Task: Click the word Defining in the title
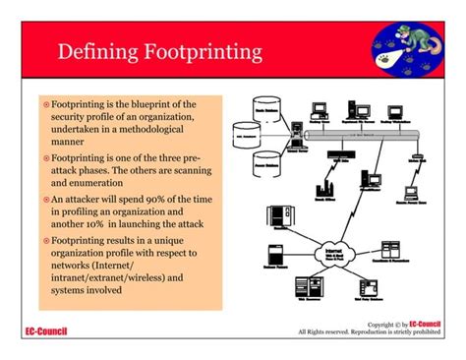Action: coord(93,49)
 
